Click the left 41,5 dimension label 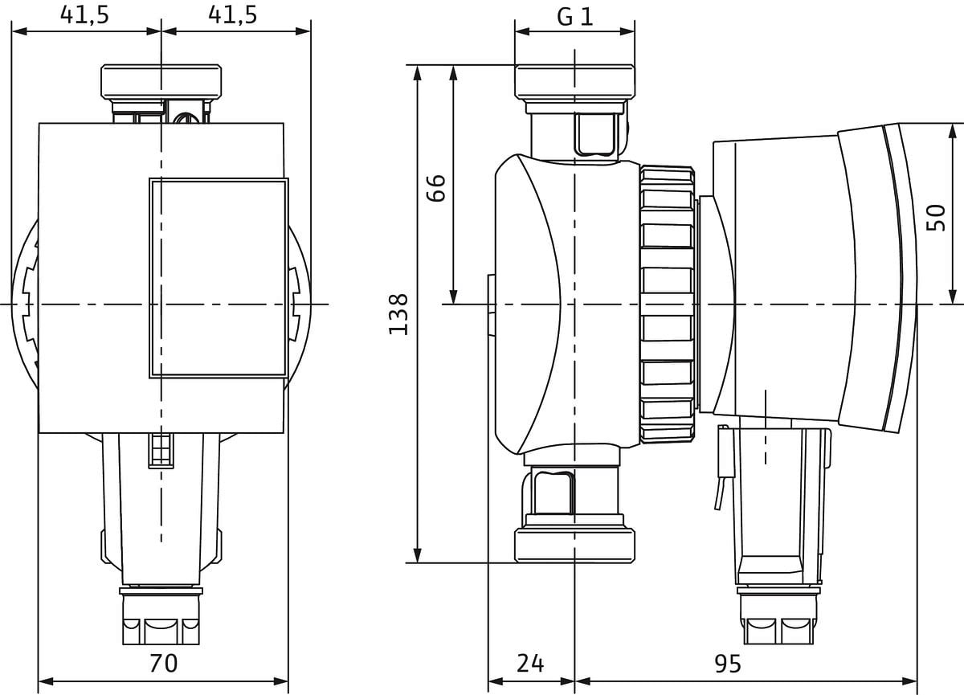coord(85,15)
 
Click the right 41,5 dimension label coord(233,15)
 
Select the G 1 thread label coord(575,17)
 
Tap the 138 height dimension coord(398,314)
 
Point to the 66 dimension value coord(435,188)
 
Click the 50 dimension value coord(936,218)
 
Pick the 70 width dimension coord(164,663)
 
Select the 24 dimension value coord(530,663)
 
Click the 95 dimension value coord(728,663)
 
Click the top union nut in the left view coord(161,81)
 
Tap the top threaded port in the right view coord(574,82)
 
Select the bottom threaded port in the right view coord(574,546)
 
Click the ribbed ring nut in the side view coord(667,305)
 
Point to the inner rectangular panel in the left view coord(219,279)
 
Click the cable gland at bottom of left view coord(161,616)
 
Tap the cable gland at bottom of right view coord(778,616)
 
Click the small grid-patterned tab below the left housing coord(161,451)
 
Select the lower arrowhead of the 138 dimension coord(417,555)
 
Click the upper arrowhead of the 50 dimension coord(953,132)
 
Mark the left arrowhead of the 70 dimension coord(46,681)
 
